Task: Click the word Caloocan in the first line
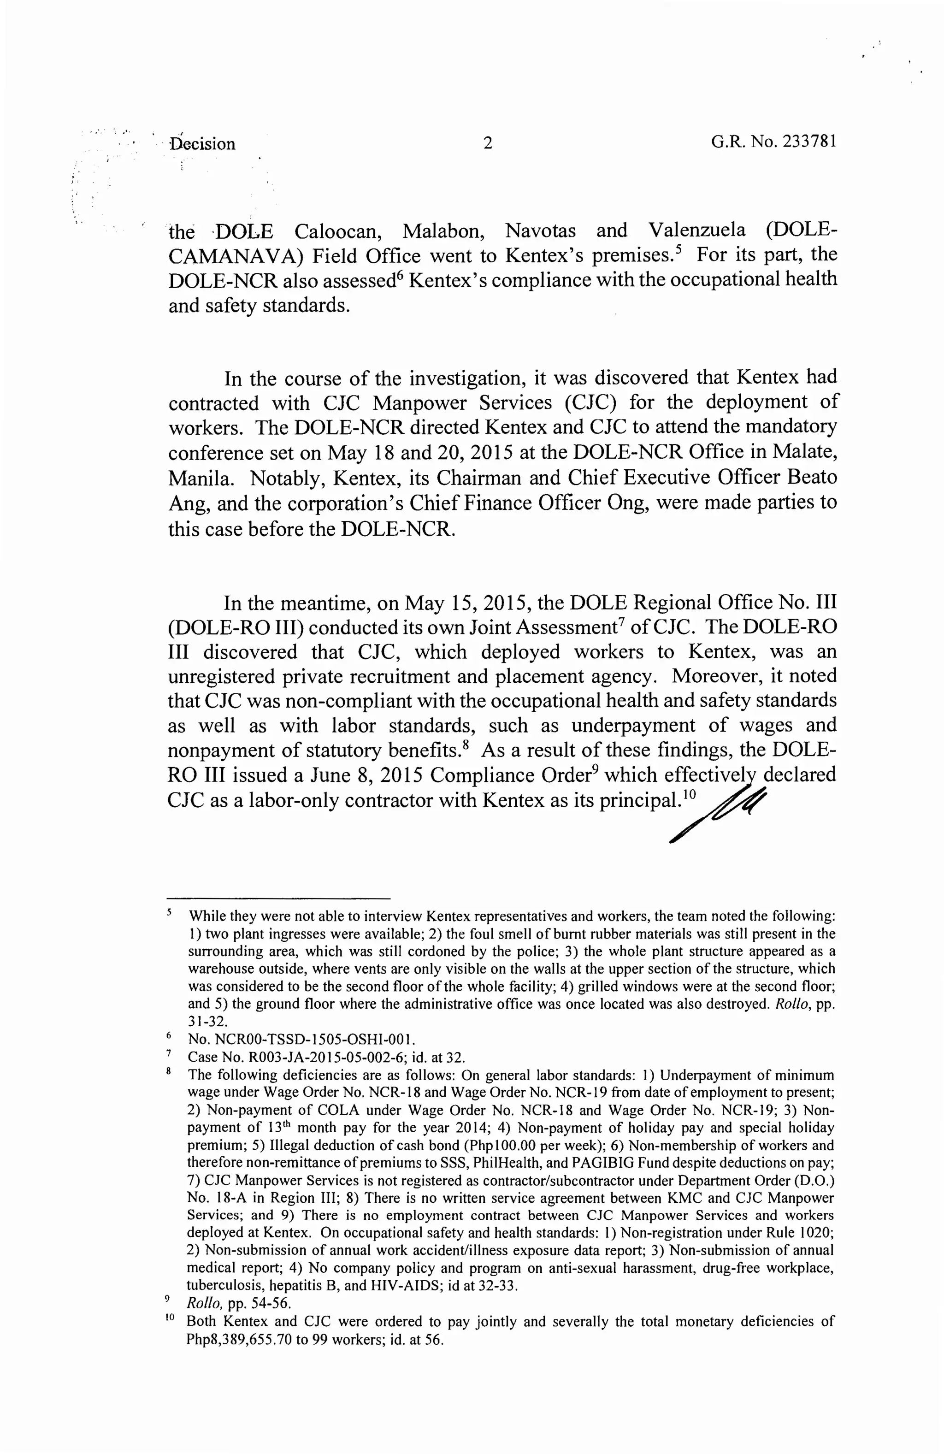tap(337, 231)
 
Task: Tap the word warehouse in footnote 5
tap(218, 969)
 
